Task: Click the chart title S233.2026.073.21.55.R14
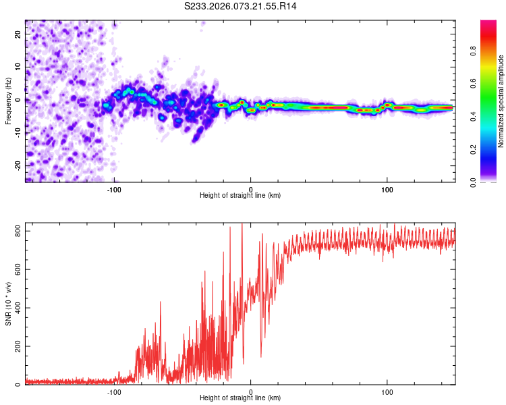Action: coord(240,6)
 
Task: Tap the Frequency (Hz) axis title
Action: coord(8,100)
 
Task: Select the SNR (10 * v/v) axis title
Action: coord(8,305)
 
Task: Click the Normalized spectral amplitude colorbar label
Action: coord(501,101)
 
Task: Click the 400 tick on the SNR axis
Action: coord(18,308)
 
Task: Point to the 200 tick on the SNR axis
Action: coord(18,346)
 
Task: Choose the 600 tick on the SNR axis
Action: coord(18,269)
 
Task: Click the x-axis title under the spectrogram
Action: coord(240,196)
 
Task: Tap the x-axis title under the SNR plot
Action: coord(240,398)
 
